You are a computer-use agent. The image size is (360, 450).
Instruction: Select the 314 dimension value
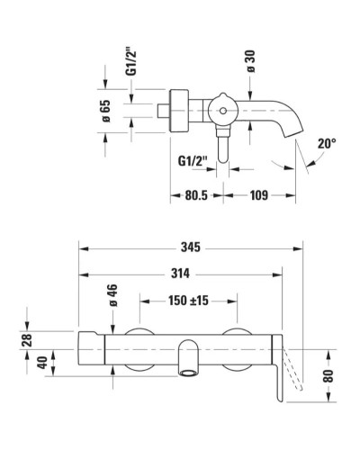coord(183,274)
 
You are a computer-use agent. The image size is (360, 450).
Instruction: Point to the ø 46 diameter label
coord(112,298)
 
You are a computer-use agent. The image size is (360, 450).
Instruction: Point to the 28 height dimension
coord(26,338)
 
